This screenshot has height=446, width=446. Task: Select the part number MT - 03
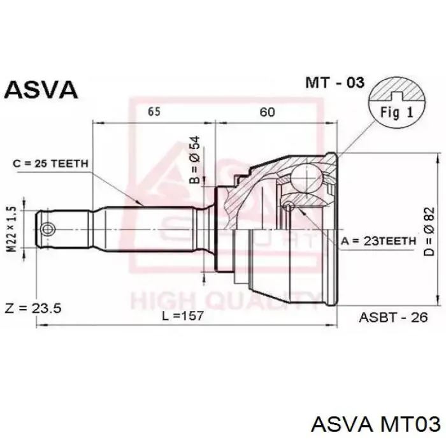point(334,82)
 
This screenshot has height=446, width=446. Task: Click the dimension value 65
point(154,112)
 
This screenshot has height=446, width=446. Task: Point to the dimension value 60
point(267,112)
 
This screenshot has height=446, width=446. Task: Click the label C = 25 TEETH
point(50,164)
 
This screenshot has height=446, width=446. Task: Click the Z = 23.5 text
point(31,308)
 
